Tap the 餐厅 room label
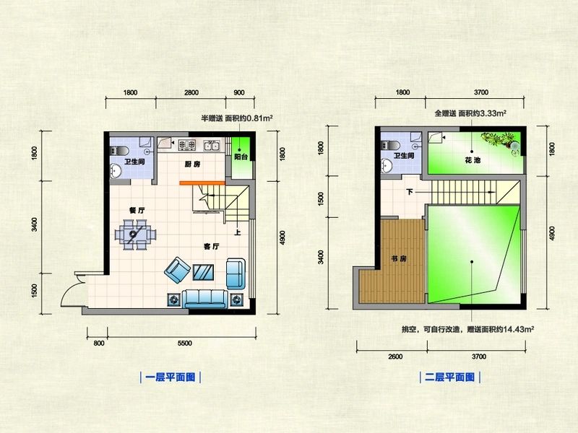(x=137, y=210)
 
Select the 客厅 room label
(x=211, y=248)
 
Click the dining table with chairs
(x=134, y=235)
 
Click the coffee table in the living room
(x=204, y=271)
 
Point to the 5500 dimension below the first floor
(x=185, y=344)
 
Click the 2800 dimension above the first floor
(x=191, y=93)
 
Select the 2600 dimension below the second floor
(x=395, y=357)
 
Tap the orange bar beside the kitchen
(x=204, y=183)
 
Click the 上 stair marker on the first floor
(x=237, y=232)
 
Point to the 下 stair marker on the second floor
(x=410, y=192)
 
